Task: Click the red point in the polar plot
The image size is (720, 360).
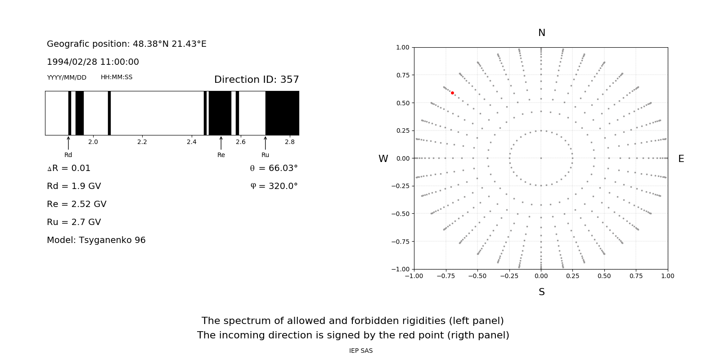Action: coord(452,93)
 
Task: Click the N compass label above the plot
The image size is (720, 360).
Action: coord(541,33)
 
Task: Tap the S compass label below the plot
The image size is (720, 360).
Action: coord(541,292)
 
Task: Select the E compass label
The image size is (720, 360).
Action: coord(681,159)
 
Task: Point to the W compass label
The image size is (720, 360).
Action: coord(383,159)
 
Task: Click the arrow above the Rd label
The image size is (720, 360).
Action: coord(68,143)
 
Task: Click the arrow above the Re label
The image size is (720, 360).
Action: coord(221,143)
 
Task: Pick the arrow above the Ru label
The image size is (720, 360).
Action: coord(265,143)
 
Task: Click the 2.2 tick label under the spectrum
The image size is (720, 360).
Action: coord(142,142)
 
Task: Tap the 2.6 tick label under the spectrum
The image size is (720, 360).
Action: coord(241,142)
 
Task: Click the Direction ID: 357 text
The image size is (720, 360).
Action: coord(256,80)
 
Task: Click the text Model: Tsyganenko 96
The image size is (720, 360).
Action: coord(96,240)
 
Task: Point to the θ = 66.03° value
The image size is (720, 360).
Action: coord(274,168)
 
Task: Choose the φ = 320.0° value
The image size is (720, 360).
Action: coord(274,186)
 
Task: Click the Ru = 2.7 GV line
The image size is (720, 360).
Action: coord(74,222)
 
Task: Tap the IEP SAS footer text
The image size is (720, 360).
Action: coord(361,351)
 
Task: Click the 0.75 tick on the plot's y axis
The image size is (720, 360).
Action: coord(403,75)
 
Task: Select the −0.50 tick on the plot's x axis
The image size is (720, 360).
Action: coord(477,276)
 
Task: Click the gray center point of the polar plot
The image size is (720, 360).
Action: coord(541,158)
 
